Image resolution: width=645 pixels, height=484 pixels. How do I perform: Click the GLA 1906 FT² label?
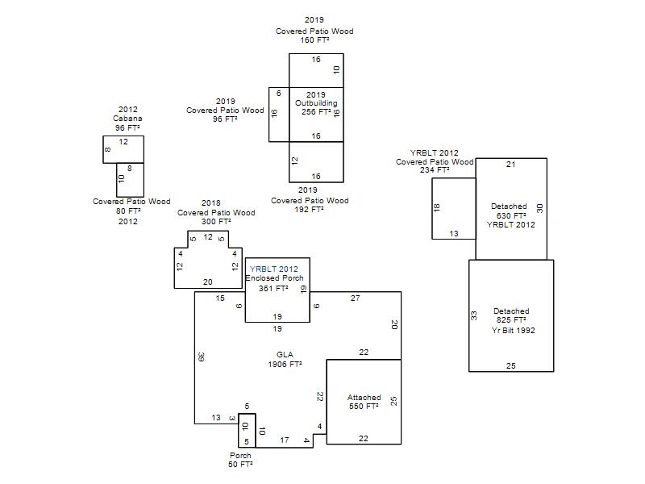285,359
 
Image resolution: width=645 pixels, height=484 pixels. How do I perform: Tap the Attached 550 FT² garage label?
364,402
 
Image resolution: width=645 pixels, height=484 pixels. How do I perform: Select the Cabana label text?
127,118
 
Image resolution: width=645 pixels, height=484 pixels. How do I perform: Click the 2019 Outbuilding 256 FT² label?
316,103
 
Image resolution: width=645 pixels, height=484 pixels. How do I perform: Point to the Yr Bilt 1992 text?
513,330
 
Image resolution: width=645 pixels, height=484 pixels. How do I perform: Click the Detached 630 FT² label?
510,211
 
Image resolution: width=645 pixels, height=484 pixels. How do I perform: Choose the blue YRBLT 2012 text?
274,269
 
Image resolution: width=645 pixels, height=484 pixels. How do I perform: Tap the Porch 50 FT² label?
240,460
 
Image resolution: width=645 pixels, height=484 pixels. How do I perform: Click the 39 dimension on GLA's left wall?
201,357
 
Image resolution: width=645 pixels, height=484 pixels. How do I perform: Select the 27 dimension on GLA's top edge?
356,298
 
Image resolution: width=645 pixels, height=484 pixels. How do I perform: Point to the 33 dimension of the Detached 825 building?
474,315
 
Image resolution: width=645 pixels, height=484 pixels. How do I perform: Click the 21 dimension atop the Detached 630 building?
511,165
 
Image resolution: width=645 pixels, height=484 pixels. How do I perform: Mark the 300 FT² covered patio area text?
216,221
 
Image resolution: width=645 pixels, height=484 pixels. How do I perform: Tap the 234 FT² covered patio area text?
435,170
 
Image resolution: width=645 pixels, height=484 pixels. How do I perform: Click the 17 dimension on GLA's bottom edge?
285,440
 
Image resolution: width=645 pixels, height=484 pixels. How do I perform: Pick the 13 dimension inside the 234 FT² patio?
454,233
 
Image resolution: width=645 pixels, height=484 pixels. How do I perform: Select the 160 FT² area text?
314,40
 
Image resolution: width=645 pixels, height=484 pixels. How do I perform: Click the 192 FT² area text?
309,209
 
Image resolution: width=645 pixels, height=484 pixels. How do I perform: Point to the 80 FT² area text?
128,211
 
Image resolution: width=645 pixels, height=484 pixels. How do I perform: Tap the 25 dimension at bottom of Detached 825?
511,365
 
